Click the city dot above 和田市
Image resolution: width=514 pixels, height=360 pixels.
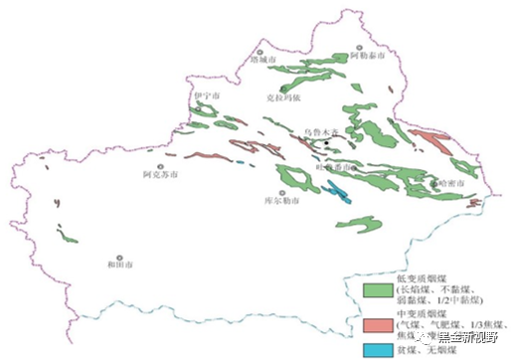pos(118,257)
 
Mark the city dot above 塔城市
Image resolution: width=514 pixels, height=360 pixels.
pos(259,51)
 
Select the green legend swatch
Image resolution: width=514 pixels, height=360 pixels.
pos(375,289)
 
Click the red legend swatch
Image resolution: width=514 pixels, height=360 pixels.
pos(375,325)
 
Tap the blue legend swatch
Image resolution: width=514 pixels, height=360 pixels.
pos(375,349)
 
